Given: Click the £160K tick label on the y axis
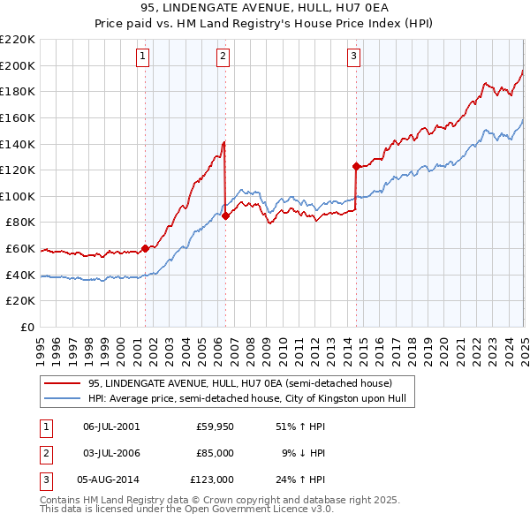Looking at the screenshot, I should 18,117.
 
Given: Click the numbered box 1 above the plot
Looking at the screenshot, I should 143,57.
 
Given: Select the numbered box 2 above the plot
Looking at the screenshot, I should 223,57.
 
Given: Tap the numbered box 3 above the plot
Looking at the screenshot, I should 353,57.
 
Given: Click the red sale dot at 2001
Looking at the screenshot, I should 146,249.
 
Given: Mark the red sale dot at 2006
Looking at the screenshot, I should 225,215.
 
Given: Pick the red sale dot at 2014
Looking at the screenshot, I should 356,166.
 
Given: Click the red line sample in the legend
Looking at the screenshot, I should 63,383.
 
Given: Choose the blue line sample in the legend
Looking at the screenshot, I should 63,398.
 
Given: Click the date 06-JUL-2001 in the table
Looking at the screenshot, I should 111,427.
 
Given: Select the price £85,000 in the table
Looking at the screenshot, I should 216,453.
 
